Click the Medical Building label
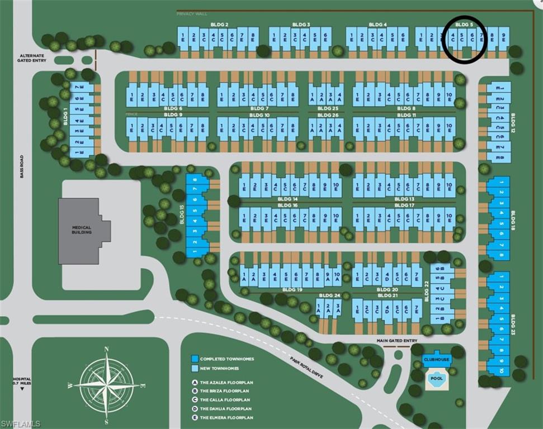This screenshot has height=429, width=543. point(81,231)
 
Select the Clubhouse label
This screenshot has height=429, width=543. point(437,359)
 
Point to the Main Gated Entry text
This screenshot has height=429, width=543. point(398,341)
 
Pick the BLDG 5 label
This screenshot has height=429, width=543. point(464,25)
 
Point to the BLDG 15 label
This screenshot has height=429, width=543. point(182,215)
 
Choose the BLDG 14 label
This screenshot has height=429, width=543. point(287,199)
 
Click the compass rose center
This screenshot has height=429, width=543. point(106,385)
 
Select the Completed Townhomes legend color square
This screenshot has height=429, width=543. point(195,359)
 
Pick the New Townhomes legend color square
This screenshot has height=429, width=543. point(195,369)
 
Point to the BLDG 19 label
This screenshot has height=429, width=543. point(292,290)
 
